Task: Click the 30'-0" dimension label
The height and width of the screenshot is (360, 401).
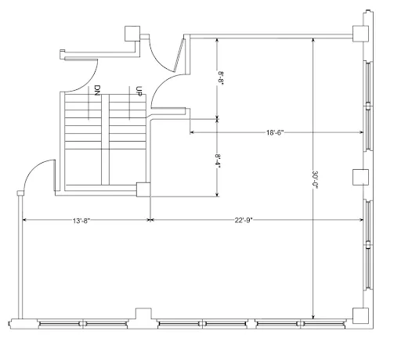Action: coord(315,180)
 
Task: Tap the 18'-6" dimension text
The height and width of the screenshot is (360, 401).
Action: coord(275,132)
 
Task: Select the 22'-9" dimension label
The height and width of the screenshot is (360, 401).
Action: coord(244,221)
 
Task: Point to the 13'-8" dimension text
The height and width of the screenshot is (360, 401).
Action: coord(81,221)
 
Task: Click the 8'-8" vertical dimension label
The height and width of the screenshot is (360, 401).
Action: coord(221,77)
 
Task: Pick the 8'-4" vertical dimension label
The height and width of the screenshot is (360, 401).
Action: coord(218,161)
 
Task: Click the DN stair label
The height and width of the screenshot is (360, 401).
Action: coord(97,90)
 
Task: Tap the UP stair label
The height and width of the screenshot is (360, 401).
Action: coord(139,92)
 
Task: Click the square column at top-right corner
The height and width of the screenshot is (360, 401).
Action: coord(360,34)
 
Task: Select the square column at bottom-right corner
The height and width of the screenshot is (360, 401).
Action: coord(360,315)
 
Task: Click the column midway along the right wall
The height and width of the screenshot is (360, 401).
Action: coord(360,177)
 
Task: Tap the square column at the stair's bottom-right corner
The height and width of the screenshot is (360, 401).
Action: coord(143,189)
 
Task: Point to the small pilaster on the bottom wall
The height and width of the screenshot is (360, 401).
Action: coord(143,314)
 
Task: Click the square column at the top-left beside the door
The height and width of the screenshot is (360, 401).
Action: coord(132,34)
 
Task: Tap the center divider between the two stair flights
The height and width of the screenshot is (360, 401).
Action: coord(105,139)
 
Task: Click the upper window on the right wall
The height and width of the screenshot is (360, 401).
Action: coord(368,106)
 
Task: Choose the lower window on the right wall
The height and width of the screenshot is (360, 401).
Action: coord(368,245)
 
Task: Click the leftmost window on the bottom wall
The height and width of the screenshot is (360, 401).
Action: coord(83,324)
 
